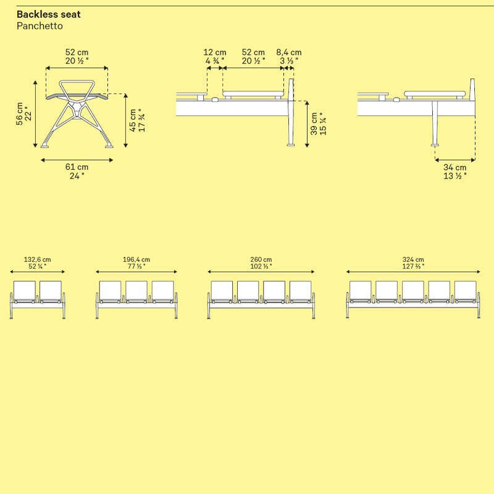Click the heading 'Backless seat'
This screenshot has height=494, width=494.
coord(49,14)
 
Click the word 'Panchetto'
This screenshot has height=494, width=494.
coord(40,26)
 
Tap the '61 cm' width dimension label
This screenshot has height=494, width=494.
coord(77,167)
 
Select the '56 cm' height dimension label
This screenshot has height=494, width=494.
coord(20,114)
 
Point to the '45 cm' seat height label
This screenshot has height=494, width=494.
coord(133,120)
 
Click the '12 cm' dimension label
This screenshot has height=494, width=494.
coord(215,52)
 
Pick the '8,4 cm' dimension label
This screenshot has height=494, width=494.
coord(289,52)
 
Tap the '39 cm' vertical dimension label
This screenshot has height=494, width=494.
coord(314,124)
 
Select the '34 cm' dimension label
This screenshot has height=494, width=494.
coord(455,167)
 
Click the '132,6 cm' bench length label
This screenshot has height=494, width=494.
coord(38,259)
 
